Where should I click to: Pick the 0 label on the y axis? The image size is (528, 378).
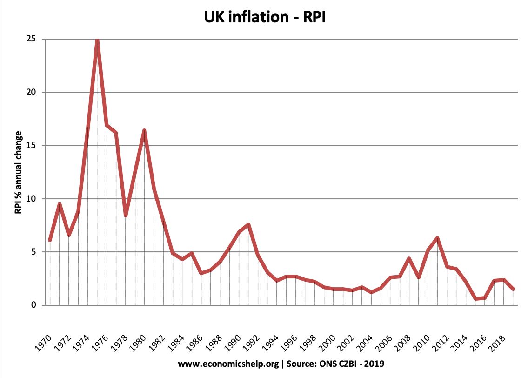(34, 305)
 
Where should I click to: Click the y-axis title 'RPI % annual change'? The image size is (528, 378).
(18, 172)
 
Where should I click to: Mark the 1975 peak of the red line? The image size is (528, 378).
(97, 40)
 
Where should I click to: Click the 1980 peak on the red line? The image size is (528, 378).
(144, 130)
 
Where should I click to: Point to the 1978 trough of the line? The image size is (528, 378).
(126, 215)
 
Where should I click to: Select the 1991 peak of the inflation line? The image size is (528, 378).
(249, 225)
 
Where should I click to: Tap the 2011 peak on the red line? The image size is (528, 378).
(437, 238)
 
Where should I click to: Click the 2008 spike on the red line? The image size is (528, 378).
(409, 258)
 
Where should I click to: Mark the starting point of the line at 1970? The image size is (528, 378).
(50, 240)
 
